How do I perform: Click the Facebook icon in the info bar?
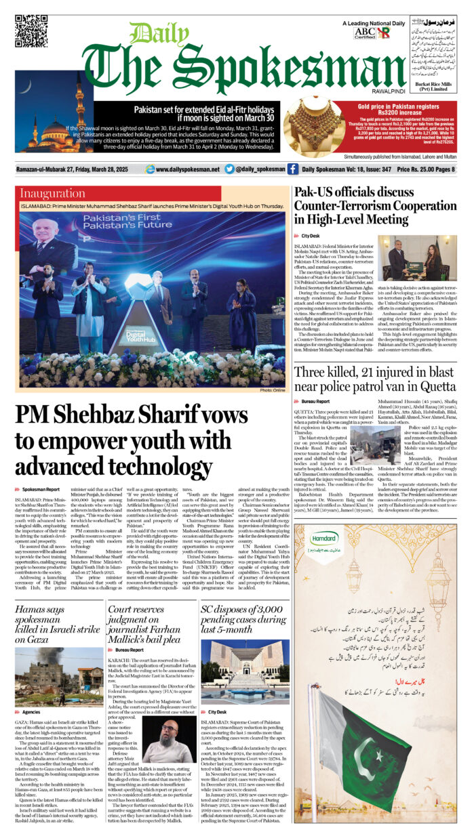(x=293, y=169)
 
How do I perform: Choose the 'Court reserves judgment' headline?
(x=149, y=621)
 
